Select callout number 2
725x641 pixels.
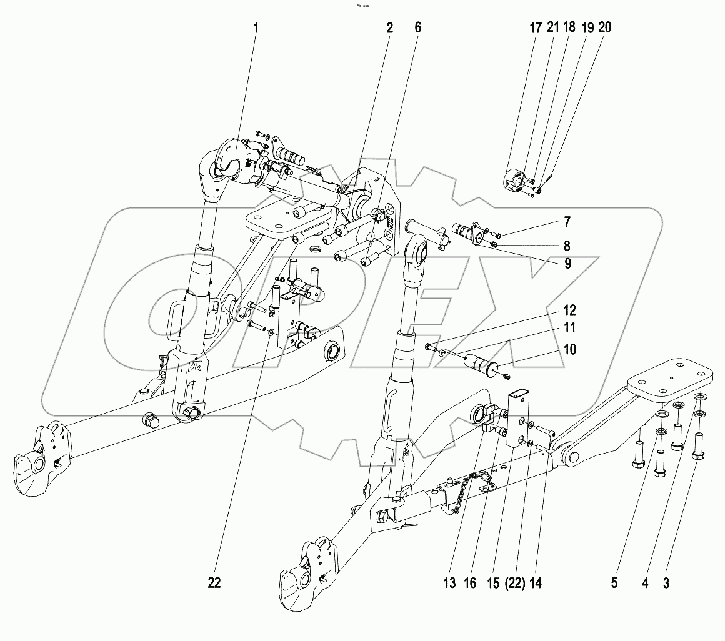[389, 28]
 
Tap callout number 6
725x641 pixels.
[417, 28]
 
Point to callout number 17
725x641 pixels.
[536, 28]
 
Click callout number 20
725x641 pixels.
[605, 28]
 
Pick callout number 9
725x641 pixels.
[567, 264]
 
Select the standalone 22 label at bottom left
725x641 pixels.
[214, 582]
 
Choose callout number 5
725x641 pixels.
[614, 583]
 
